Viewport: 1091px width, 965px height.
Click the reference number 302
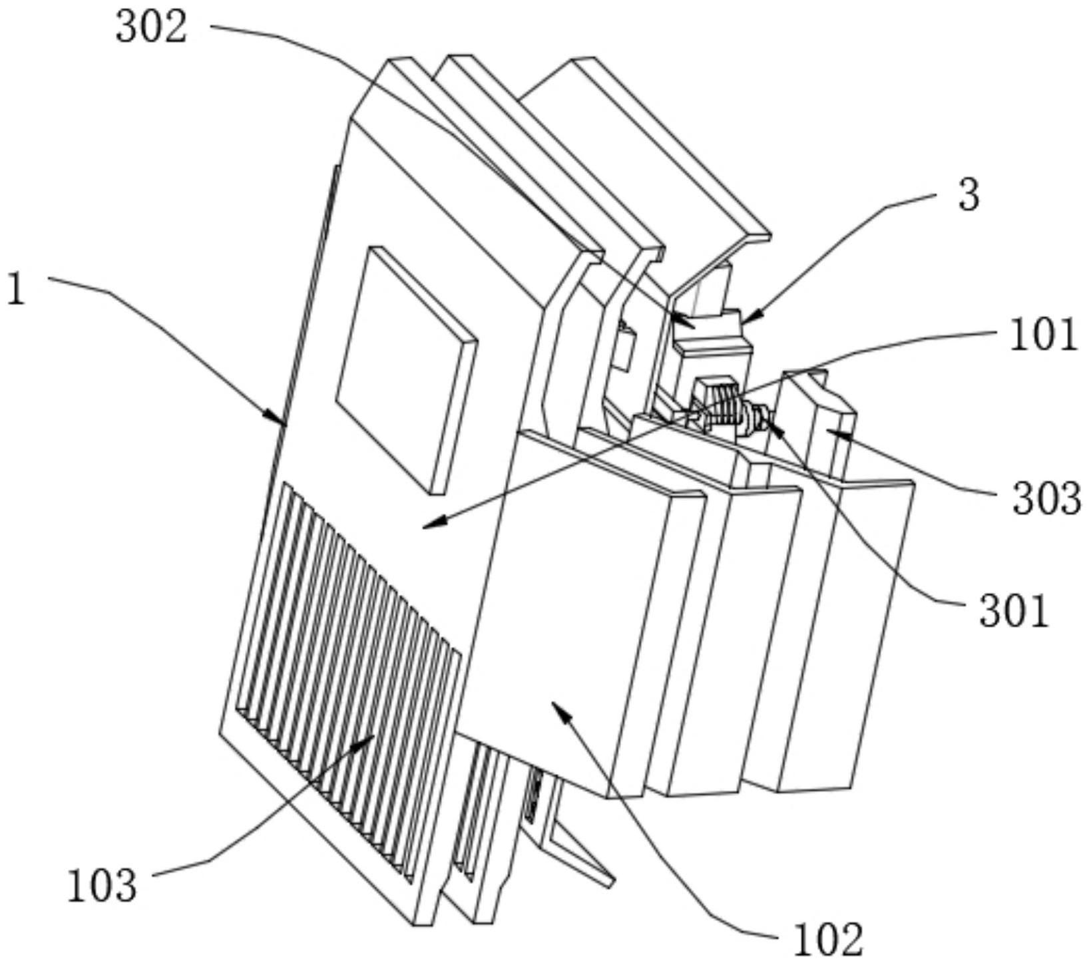click(x=152, y=28)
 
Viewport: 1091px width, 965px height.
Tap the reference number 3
click(x=969, y=196)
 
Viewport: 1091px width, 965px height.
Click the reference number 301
click(x=1014, y=611)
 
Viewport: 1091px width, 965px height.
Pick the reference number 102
click(x=829, y=938)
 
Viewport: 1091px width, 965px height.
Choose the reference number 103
click(x=102, y=886)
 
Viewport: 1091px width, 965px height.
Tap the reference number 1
click(x=16, y=289)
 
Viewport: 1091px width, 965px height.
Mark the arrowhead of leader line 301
click(x=773, y=422)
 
